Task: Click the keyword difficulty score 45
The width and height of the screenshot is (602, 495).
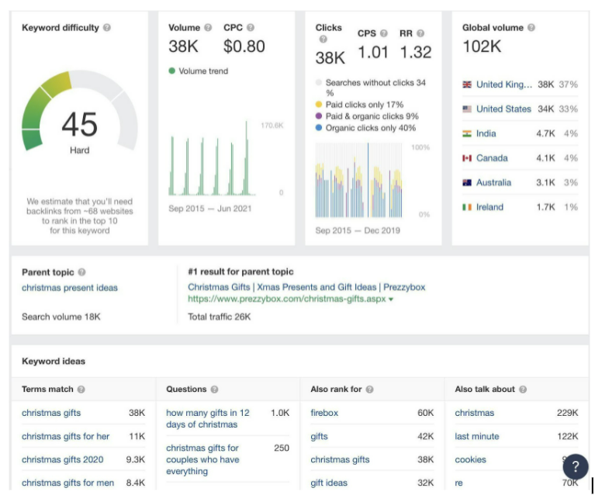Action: pyautogui.click(x=79, y=124)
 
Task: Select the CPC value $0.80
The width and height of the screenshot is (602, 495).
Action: pyautogui.click(x=244, y=47)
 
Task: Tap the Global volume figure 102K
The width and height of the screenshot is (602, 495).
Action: pyautogui.click(x=482, y=47)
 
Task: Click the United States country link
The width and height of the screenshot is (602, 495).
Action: pyautogui.click(x=503, y=109)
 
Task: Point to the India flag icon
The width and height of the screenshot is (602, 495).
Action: pyautogui.click(x=467, y=133)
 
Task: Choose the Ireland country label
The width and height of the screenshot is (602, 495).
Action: pyautogui.click(x=490, y=207)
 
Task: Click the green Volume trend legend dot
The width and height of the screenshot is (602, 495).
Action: pyautogui.click(x=172, y=71)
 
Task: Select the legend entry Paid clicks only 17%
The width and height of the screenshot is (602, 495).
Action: pyautogui.click(x=364, y=105)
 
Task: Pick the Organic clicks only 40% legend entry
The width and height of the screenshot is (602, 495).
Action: pyautogui.click(x=370, y=128)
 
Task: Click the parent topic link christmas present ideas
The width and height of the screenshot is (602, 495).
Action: pyautogui.click(x=70, y=288)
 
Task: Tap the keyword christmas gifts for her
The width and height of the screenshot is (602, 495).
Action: pyautogui.click(x=66, y=436)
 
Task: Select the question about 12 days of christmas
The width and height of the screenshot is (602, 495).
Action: pyautogui.click(x=208, y=418)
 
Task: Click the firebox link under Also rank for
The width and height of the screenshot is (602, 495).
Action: pyautogui.click(x=324, y=413)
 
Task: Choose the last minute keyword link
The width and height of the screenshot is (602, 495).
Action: pyautogui.click(x=477, y=436)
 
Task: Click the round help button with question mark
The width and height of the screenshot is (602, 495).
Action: pyautogui.click(x=575, y=467)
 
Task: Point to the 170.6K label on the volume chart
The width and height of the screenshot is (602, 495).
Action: pyautogui.click(x=272, y=125)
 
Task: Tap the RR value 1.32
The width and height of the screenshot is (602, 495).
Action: pyautogui.click(x=416, y=52)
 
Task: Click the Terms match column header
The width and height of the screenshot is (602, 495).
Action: pyautogui.click(x=47, y=389)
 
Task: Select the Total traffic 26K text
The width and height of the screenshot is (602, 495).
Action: pyautogui.click(x=220, y=317)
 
